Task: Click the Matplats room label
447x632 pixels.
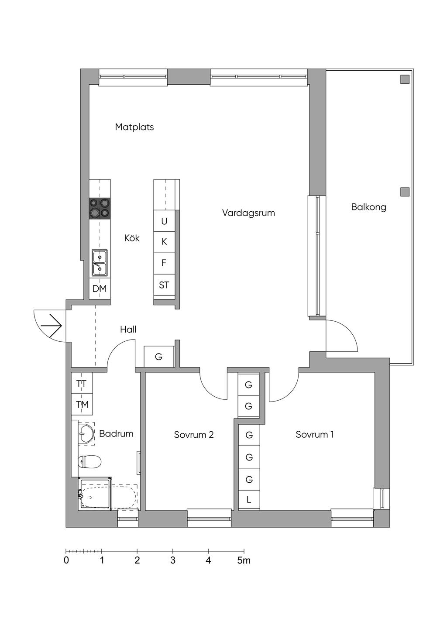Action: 134,127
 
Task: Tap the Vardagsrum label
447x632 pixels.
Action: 248,213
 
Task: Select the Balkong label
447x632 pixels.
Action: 368,207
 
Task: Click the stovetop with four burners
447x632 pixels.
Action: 100,208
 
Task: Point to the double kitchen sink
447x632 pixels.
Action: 100,263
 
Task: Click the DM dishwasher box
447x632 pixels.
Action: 100,289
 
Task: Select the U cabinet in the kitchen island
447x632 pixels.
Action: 164,221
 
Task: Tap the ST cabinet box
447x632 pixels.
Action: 164,285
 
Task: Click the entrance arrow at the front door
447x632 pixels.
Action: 52,325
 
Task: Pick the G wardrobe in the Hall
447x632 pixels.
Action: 159,357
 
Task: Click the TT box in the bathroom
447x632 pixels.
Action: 82,384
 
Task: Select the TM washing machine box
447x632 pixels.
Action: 82,405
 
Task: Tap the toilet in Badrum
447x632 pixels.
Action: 89,461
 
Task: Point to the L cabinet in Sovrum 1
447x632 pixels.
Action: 249,500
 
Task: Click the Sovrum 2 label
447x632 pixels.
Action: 194,435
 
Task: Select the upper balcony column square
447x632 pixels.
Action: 405,79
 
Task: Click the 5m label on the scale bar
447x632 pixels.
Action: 244,560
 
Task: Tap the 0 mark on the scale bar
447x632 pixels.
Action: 66,560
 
